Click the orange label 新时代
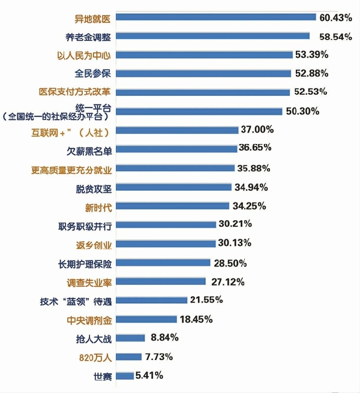click(x=98, y=206)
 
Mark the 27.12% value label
click(x=225, y=281)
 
